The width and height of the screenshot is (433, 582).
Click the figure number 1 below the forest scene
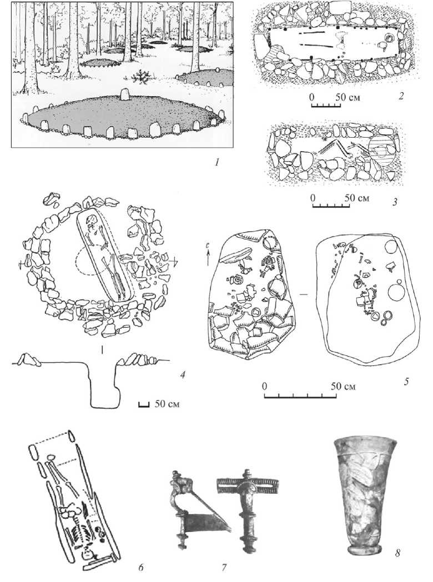[x=218, y=162]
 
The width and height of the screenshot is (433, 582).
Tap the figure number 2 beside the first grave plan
[x=401, y=96]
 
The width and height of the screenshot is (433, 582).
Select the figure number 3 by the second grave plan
[x=395, y=202]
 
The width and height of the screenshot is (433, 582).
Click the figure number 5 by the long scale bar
[x=406, y=381]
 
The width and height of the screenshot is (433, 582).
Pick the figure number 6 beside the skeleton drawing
[x=141, y=567]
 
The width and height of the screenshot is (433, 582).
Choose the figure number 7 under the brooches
[x=224, y=567]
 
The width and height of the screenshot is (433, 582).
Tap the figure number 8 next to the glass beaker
[x=397, y=553]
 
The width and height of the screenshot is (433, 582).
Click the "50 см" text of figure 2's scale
[x=348, y=97]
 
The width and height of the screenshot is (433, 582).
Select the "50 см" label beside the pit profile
[x=167, y=404]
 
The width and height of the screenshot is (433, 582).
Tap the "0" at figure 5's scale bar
[x=265, y=386]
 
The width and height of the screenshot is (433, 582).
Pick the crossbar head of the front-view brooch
[x=247, y=484]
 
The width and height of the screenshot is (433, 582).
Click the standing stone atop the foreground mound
[x=125, y=94]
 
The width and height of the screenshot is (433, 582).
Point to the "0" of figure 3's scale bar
[x=313, y=198]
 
